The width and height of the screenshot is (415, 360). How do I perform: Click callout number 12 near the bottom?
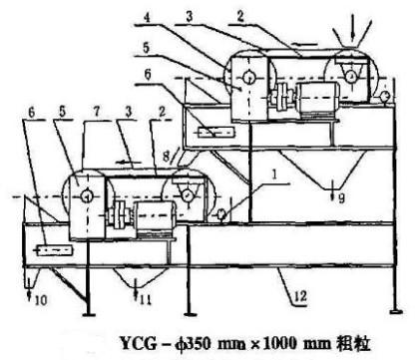(300, 295)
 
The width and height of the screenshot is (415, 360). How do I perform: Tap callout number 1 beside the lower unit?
(274, 176)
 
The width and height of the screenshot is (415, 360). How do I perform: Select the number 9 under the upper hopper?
(341, 198)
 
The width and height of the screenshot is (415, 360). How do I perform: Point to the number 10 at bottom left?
(41, 300)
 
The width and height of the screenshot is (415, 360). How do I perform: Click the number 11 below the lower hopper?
(146, 300)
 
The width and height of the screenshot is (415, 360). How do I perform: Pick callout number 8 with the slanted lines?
(166, 155)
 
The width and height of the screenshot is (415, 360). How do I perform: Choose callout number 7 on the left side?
(97, 112)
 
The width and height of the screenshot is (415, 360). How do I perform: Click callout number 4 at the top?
(147, 17)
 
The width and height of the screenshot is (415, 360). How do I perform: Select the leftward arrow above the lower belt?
(129, 162)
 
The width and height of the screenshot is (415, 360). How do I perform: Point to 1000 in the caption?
(282, 344)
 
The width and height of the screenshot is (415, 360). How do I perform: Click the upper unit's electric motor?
(318, 98)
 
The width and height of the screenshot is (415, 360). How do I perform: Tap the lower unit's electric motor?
(154, 216)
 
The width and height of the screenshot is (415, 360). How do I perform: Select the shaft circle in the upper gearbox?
(248, 78)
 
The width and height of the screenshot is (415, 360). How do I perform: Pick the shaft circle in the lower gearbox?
(87, 196)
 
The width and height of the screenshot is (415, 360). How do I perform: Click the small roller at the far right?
(385, 96)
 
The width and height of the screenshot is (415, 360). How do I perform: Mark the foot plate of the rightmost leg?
(395, 311)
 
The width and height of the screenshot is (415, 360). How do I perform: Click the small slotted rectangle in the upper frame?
(216, 133)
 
